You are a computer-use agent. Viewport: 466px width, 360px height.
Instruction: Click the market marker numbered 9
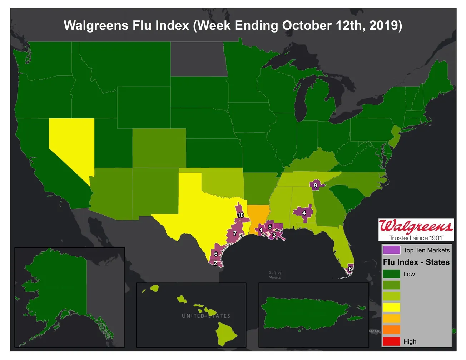pos(315,185)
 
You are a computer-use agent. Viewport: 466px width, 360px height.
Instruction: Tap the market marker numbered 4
pos(304,213)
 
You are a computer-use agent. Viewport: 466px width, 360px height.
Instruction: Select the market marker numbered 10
pos(241,215)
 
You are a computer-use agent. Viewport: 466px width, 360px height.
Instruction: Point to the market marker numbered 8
pos(350,269)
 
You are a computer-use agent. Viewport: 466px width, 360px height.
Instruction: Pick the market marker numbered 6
pos(216,253)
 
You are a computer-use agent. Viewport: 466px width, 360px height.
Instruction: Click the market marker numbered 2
pos(215,263)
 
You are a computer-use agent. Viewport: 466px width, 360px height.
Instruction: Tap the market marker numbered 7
pos(235,233)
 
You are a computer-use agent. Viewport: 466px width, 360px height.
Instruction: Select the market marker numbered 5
pos(270,227)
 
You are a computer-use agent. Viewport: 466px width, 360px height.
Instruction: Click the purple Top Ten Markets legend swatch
pos(391,250)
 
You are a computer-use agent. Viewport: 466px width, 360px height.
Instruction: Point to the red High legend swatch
pos(391,341)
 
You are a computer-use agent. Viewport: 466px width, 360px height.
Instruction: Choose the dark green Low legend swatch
pos(391,274)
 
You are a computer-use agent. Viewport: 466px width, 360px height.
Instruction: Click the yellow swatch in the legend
pos(391,307)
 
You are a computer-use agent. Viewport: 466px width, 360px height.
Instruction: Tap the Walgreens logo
pos(416,230)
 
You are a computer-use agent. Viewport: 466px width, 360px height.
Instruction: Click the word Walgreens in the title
pos(96,26)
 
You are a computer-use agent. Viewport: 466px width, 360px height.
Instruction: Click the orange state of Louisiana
pos(256,214)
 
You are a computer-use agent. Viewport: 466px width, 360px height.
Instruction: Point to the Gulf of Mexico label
pos(275,275)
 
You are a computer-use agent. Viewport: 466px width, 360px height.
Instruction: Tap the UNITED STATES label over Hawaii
pos(206,316)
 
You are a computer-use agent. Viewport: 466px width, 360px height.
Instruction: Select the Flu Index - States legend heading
pos(416,262)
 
